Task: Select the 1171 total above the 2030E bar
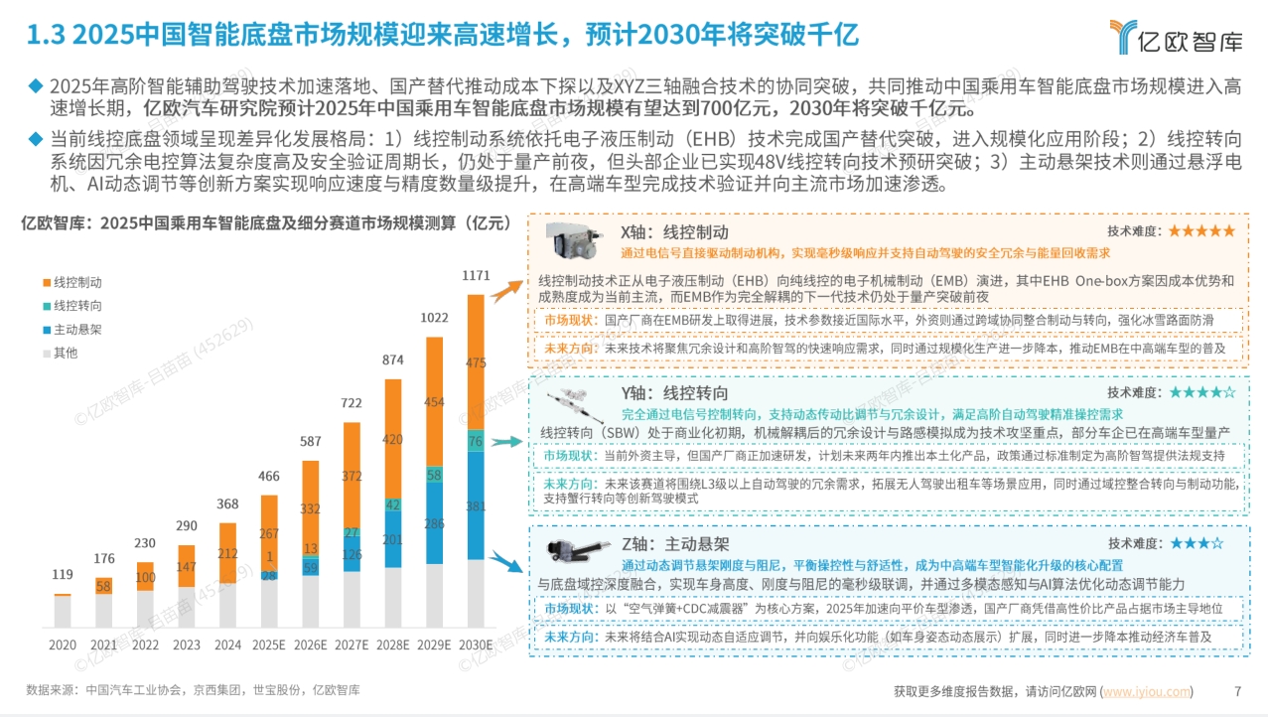tap(478, 275)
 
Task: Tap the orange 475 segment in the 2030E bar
tap(478, 363)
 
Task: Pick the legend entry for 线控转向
tap(76, 306)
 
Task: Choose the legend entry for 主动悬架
tap(76, 329)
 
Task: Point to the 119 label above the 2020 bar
tap(62, 574)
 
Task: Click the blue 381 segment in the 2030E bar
tap(478, 505)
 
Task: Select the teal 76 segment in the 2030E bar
tap(478, 442)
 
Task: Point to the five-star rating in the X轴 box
tap(1201, 230)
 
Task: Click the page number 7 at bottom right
tap(1237, 691)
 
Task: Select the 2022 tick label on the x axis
tap(145, 645)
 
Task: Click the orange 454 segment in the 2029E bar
tap(435, 402)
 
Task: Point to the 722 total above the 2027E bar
tap(352, 403)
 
